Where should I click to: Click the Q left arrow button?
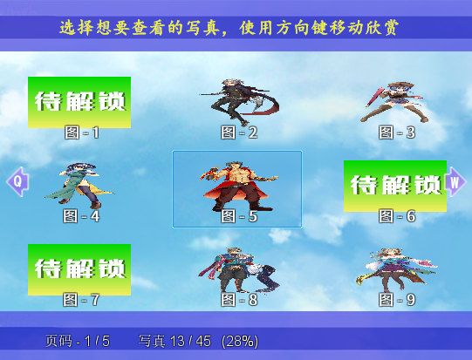pyautogui.click(x=17, y=181)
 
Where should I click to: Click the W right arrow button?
pyautogui.click(x=455, y=182)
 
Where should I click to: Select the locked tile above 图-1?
pyautogui.click(x=79, y=102)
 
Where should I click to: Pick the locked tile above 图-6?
pyautogui.click(x=395, y=186)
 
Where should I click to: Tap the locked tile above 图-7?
pyautogui.click(x=79, y=269)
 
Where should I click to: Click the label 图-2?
pyautogui.click(x=239, y=132)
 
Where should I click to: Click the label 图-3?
pyautogui.click(x=397, y=132)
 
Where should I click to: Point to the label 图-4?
pyautogui.click(x=81, y=216)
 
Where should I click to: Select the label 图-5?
pyautogui.click(x=239, y=216)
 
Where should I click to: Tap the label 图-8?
pyautogui.click(x=239, y=300)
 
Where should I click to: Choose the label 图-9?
pyautogui.click(x=397, y=300)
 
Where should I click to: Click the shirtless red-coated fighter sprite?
pyautogui.click(x=238, y=186)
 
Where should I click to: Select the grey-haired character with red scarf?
pyautogui.click(x=239, y=102)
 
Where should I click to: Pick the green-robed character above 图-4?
pyautogui.click(x=79, y=186)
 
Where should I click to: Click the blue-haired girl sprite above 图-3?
pyautogui.click(x=394, y=102)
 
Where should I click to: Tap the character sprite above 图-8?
pyautogui.click(x=238, y=270)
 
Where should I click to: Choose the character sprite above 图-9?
pyautogui.click(x=396, y=270)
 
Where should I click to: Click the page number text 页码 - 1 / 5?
pyautogui.click(x=78, y=341)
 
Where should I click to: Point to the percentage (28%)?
pyautogui.click(x=240, y=342)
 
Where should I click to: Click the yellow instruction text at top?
pyautogui.click(x=229, y=28)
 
